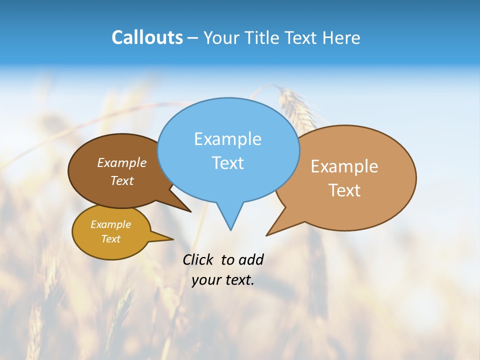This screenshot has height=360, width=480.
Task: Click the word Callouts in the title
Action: pyautogui.click(x=147, y=37)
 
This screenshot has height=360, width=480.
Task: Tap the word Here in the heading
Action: pyautogui.click(x=341, y=37)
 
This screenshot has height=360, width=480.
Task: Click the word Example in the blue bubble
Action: pyautogui.click(x=227, y=139)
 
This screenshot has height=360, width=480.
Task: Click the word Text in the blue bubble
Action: pyautogui.click(x=227, y=163)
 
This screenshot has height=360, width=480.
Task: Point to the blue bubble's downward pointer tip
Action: pyautogui.click(x=230, y=229)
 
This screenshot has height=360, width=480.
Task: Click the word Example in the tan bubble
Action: pyautogui.click(x=344, y=166)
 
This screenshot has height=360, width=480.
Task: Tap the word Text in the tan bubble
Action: pyautogui.click(x=344, y=190)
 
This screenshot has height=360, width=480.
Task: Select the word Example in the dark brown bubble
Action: pyautogui.click(x=122, y=163)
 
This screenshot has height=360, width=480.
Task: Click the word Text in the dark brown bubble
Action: pyautogui.click(x=122, y=181)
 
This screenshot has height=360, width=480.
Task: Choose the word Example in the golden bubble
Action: pyautogui.click(x=110, y=224)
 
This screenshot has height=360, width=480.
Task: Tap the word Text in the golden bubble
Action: pyautogui.click(x=110, y=239)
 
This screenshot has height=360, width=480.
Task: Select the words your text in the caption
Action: pyautogui.click(x=223, y=280)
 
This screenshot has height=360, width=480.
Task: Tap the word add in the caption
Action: pyautogui.click(x=251, y=260)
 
